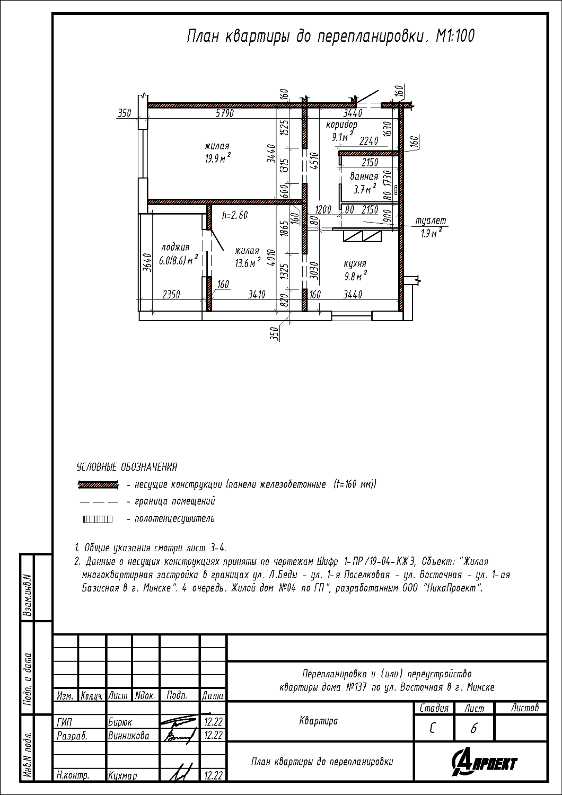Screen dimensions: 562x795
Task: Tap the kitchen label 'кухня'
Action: click(355, 264)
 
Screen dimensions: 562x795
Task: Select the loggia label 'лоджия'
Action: click(175, 248)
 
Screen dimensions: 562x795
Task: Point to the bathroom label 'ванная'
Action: click(364, 176)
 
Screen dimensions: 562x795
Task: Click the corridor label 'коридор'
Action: click(341, 125)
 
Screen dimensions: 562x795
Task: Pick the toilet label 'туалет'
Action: click(431, 221)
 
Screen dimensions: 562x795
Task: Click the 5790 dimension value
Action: click(225, 113)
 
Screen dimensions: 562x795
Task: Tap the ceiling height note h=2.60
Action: click(235, 215)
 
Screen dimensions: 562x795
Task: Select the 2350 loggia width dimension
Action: click(171, 294)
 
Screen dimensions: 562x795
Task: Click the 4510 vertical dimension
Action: click(313, 162)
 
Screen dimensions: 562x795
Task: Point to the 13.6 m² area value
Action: click(248, 263)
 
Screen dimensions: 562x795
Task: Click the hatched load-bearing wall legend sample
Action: click(98, 485)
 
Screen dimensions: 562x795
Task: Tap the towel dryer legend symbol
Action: click(97, 519)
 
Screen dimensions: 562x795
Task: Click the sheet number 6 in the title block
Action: click(473, 729)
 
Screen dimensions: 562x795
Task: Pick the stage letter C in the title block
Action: click(433, 729)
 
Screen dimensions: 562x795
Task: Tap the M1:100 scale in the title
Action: click(455, 36)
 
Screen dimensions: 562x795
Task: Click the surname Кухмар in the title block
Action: click(122, 776)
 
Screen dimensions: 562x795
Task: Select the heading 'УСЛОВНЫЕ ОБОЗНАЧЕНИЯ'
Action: click(127, 467)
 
